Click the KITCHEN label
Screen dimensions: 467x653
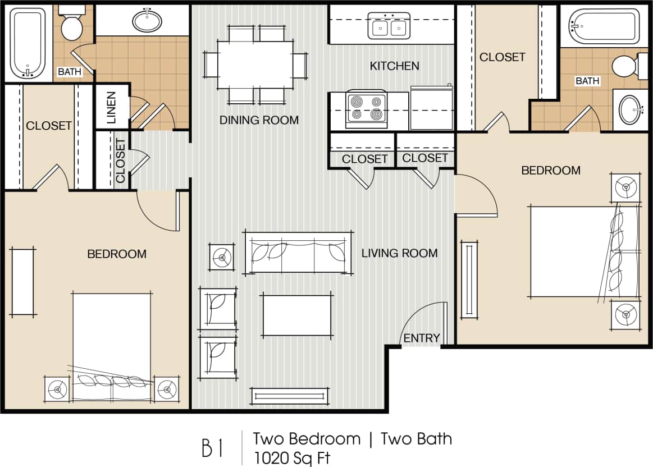coord(394,66)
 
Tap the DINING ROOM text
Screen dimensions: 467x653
coord(259,120)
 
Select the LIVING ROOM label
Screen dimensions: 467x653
coord(399,253)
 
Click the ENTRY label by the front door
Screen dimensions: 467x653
coord(422,338)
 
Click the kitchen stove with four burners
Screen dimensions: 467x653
coord(367,108)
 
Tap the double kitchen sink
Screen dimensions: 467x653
coord(389,26)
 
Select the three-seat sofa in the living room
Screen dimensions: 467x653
coord(299,252)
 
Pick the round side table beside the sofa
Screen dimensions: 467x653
coord(222,258)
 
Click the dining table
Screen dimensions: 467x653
coord(255,65)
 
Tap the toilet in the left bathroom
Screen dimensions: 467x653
coord(72,25)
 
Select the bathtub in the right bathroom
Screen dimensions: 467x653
coord(604,26)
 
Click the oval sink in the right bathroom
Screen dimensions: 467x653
coord(630,109)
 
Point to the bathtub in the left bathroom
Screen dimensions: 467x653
coord(28,43)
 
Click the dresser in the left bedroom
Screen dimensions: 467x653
coord(22,282)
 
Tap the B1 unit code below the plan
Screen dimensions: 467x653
coord(213,449)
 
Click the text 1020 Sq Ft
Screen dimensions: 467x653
coord(291,457)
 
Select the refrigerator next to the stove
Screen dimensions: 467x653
coord(431,108)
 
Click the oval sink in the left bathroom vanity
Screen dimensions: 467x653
coord(147,21)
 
